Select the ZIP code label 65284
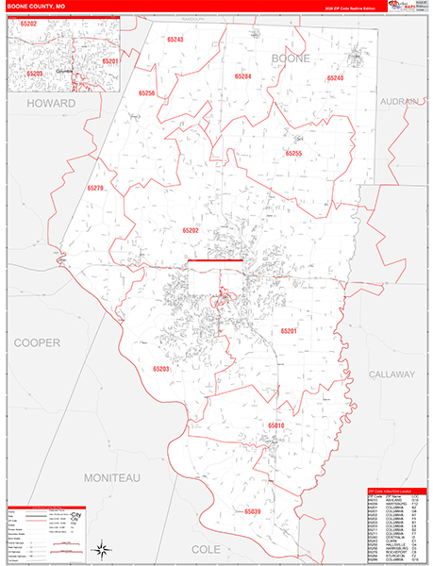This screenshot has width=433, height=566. point(242,75)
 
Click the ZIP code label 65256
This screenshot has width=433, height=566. point(146,94)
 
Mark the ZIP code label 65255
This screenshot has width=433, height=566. point(293,152)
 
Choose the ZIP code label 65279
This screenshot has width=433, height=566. point(95,189)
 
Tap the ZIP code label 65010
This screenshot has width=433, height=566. point(275,425)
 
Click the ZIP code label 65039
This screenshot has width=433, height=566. point(252,511)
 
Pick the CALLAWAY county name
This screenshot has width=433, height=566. point(392,375)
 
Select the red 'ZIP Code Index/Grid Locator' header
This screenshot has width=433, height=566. point(395,491)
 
